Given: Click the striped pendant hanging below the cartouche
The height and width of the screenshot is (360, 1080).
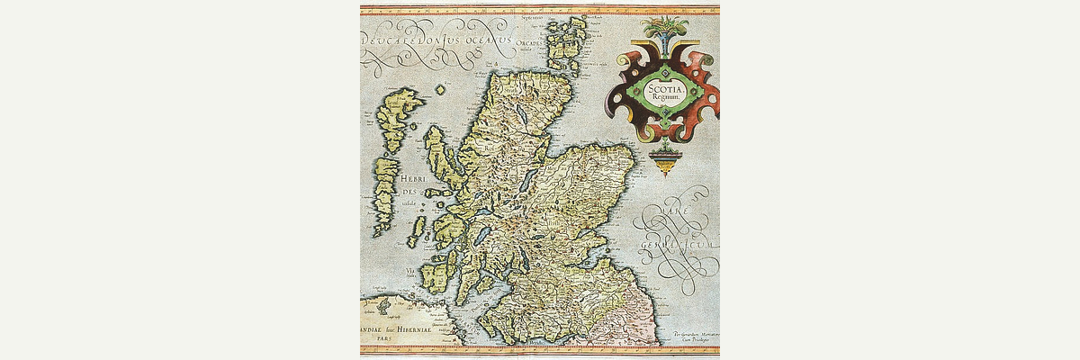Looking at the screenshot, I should coord(665,163).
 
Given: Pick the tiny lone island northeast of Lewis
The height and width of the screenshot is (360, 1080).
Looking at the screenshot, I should coord(440,90).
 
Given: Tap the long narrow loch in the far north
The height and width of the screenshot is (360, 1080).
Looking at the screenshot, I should coord(522,117).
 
